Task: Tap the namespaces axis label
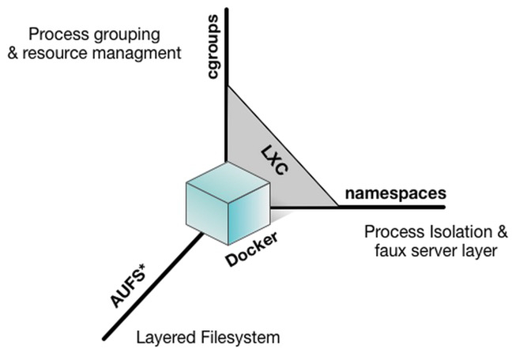tap(395, 193)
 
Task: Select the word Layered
tap(165, 338)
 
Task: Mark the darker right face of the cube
tap(254, 210)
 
